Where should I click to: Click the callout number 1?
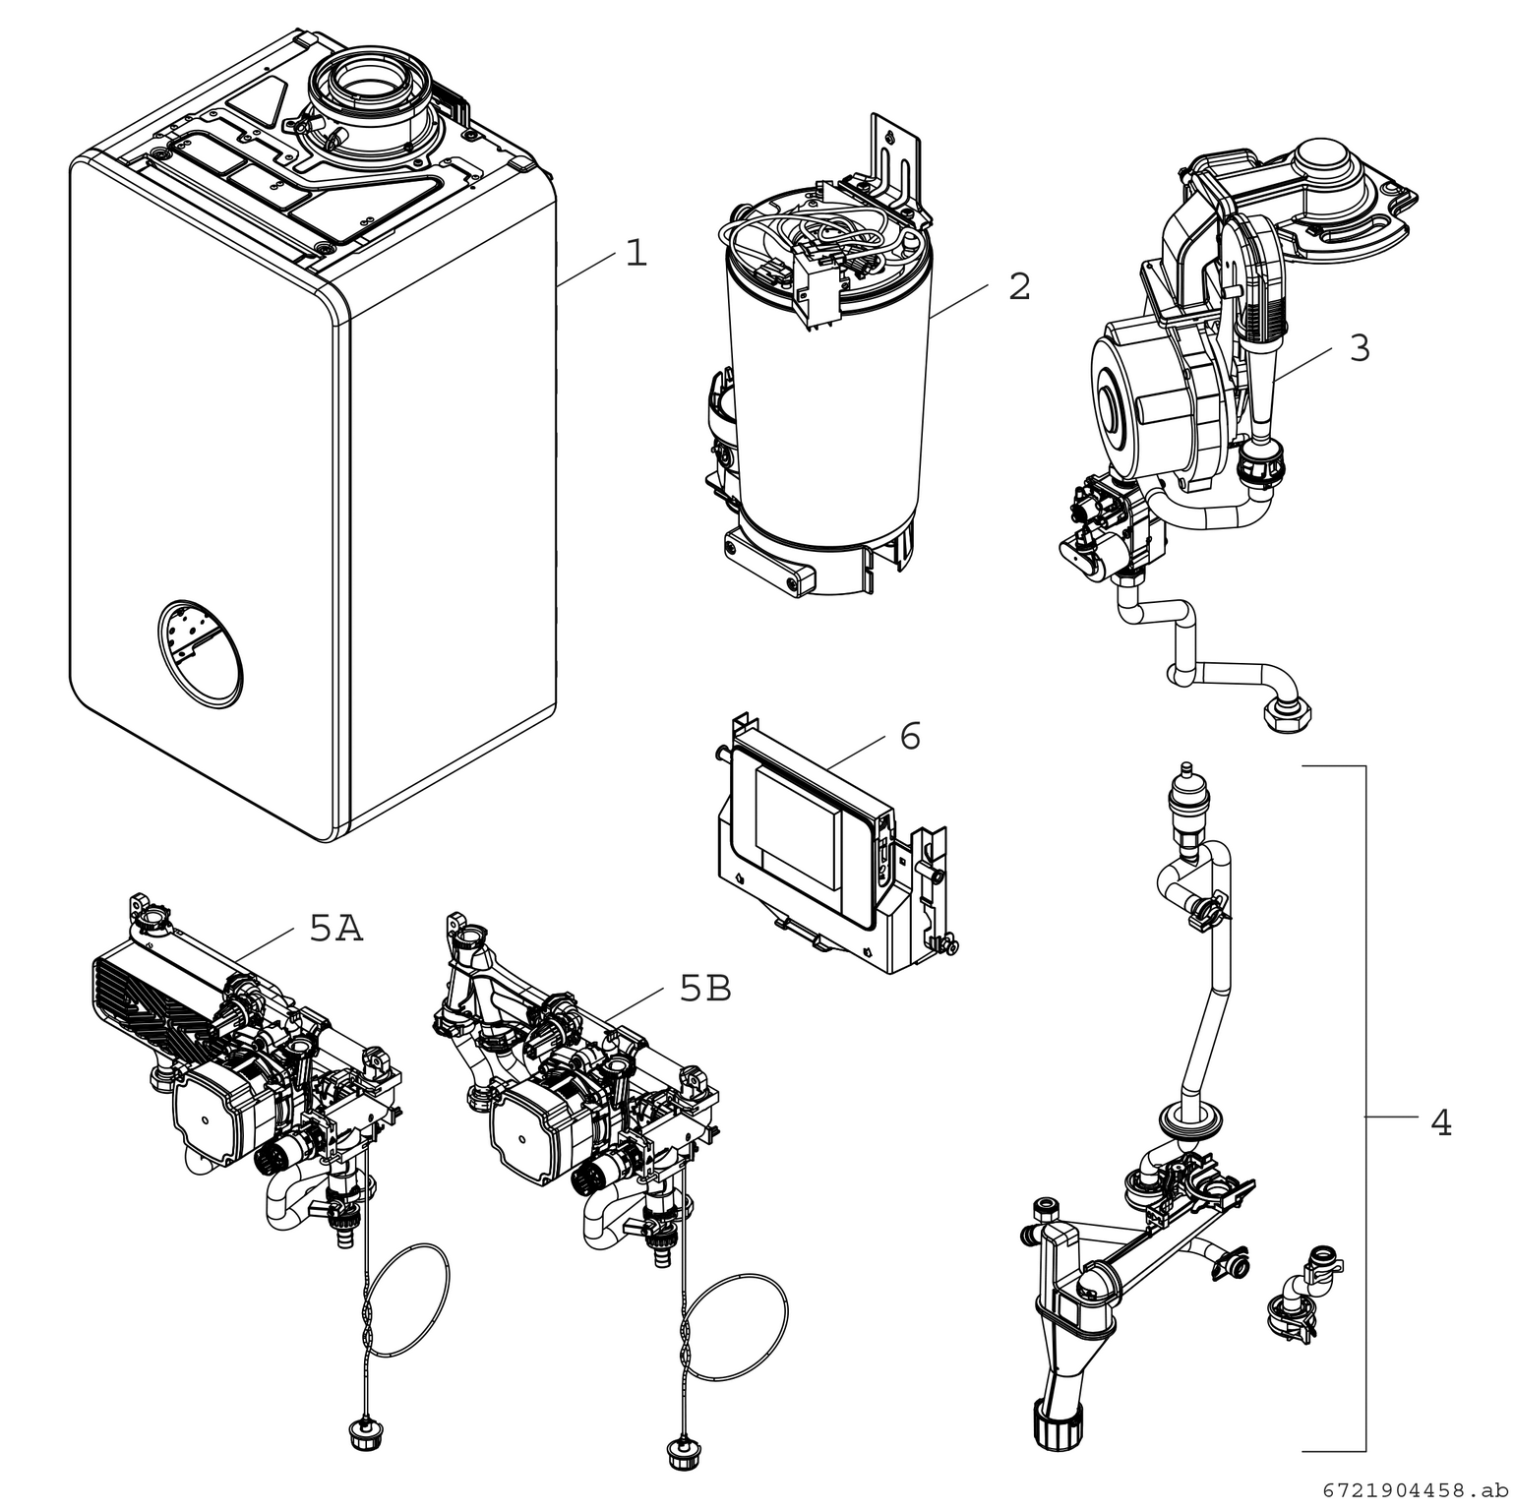[x=636, y=254]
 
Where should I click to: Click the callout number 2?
[x=1019, y=286]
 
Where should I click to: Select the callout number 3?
[x=1359, y=348]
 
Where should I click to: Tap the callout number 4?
[x=1440, y=1121]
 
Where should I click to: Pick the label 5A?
[x=336, y=929]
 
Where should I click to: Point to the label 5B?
[x=705, y=989]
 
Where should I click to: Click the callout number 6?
[x=910, y=736]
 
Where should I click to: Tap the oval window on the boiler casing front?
[x=199, y=653]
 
